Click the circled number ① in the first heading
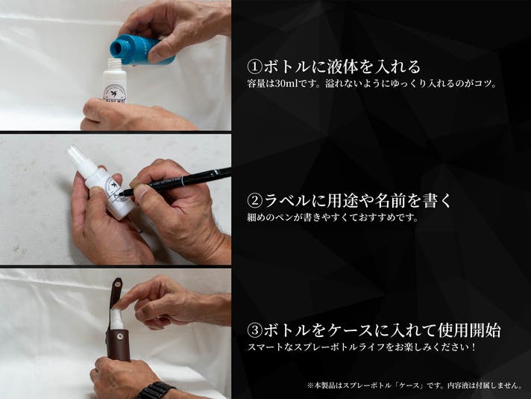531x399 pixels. pos(254,66)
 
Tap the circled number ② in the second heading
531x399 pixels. pos(254,200)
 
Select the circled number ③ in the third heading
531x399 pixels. pos(254,330)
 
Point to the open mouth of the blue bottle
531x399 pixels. pos(118,48)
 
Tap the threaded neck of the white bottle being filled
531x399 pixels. pos(114,64)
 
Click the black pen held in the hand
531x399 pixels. pos(176,182)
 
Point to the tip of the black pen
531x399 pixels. pos(120,195)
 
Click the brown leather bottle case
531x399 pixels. pos(118,344)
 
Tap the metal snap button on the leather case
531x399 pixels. pos(119,336)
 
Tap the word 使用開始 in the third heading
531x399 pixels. pos(469,330)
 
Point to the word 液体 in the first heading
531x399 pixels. pos(342,66)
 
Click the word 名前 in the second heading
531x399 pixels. pos(390,200)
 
